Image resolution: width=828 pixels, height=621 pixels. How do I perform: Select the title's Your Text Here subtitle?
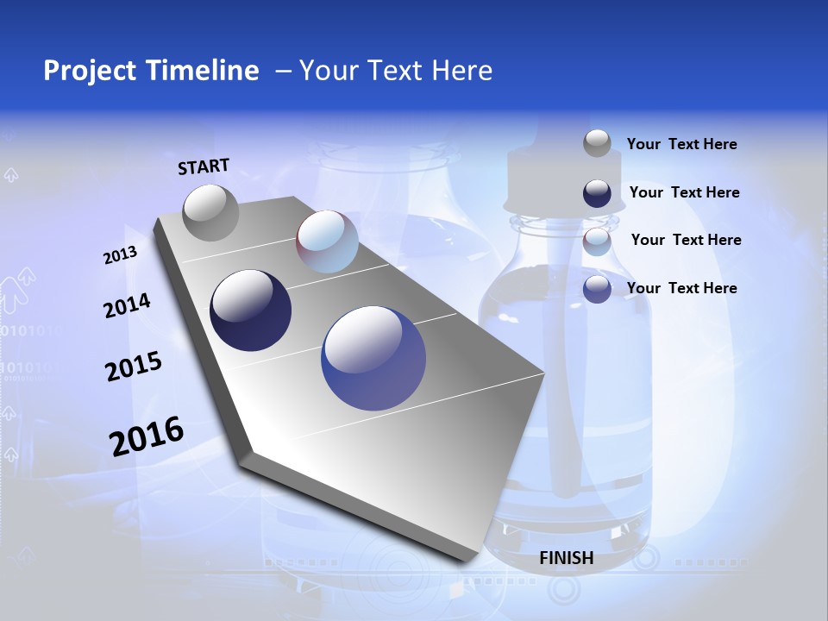(x=395, y=71)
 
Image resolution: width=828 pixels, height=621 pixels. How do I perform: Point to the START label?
(x=204, y=166)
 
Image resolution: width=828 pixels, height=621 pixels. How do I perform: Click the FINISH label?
(x=566, y=558)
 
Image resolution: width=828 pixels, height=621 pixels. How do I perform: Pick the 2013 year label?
(x=120, y=256)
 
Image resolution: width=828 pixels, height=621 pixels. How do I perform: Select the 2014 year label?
(x=127, y=306)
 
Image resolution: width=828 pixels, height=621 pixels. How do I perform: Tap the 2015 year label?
(x=133, y=367)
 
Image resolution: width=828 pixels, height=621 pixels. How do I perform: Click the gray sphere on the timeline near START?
(x=210, y=212)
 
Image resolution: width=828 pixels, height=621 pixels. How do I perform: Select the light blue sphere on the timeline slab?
(x=327, y=241)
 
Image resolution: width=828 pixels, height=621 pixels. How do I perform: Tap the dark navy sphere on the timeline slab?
(x=250, y=310)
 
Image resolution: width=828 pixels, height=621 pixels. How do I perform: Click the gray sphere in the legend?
(x=597, y=144)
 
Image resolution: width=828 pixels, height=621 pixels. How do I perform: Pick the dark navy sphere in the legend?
(x=597, y=193)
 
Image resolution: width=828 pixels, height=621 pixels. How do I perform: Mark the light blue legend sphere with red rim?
(x=597, y=241)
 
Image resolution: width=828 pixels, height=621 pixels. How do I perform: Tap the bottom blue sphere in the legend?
(x=597, y=289)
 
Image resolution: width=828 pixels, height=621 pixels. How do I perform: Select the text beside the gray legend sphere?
(x=681, y=145)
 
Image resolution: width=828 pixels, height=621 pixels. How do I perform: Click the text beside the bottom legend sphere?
(x=681, y=288)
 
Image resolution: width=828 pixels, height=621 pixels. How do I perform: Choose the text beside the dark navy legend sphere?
(x=684, y=192)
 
